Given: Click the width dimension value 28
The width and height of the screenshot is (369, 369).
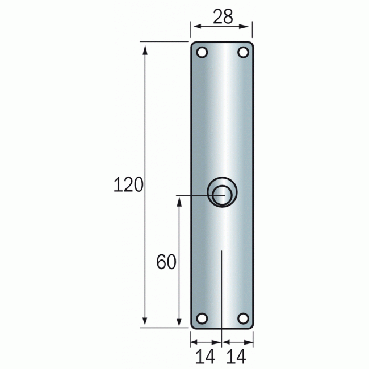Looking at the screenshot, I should coord(223,16).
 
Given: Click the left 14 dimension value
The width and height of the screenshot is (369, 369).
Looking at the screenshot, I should coord(206,357).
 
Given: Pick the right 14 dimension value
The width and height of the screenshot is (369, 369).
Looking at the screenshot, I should coord(237,357).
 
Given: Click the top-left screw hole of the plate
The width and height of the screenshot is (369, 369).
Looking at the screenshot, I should coord(202,52).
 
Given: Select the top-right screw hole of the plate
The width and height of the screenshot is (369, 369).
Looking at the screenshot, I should coord(243,52).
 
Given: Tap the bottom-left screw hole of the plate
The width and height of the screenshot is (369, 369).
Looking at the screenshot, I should coord(202,318).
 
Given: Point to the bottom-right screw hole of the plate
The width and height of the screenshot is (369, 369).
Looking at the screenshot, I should coord(243,318).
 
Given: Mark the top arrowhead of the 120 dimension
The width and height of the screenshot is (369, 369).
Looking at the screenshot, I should coord(145,47).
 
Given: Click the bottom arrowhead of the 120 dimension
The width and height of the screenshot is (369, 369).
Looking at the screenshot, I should coord(145,322).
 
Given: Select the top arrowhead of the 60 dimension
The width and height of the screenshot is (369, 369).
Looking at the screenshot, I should coord(180,201).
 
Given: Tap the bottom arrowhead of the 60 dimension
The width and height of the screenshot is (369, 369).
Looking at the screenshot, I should coord(180,322).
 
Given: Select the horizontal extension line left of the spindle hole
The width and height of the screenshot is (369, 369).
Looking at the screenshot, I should coord(193,195).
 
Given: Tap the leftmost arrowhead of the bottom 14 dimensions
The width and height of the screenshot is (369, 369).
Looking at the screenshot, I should coord(194,342).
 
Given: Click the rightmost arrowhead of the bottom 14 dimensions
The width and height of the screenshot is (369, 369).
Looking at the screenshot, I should coord(249,342).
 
